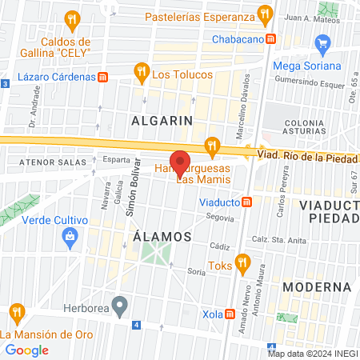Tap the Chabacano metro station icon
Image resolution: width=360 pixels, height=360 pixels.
(271, 38)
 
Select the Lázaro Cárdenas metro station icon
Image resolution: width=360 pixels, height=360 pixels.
(102, 77)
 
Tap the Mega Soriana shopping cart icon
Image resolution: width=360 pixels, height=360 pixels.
(323, 42)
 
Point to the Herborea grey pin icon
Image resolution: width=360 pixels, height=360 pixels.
(120, 304)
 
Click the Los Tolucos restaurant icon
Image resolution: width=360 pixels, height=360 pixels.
(142, 72)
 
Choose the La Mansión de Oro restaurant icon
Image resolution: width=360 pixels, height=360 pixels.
(16, 312)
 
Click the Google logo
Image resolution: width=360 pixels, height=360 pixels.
(26, 350)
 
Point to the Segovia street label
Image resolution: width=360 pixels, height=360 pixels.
(220, 217)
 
